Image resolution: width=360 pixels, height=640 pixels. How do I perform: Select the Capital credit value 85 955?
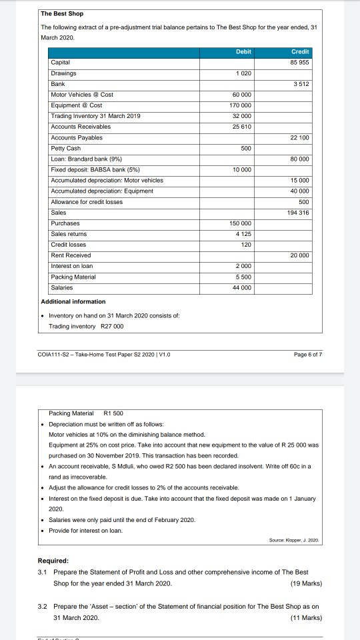tap(299, 63)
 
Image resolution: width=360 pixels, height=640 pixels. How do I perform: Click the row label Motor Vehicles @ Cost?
tap(82, 95)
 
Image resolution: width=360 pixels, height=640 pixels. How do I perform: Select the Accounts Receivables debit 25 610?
tap(241, 127)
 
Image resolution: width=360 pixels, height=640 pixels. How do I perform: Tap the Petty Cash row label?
tap(66, 148)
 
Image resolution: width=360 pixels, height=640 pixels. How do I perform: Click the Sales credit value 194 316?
tap(299, 213)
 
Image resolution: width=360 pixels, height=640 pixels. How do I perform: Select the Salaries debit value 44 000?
tap(241, 287)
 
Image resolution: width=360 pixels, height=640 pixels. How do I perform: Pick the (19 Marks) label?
tap(307, 583)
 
